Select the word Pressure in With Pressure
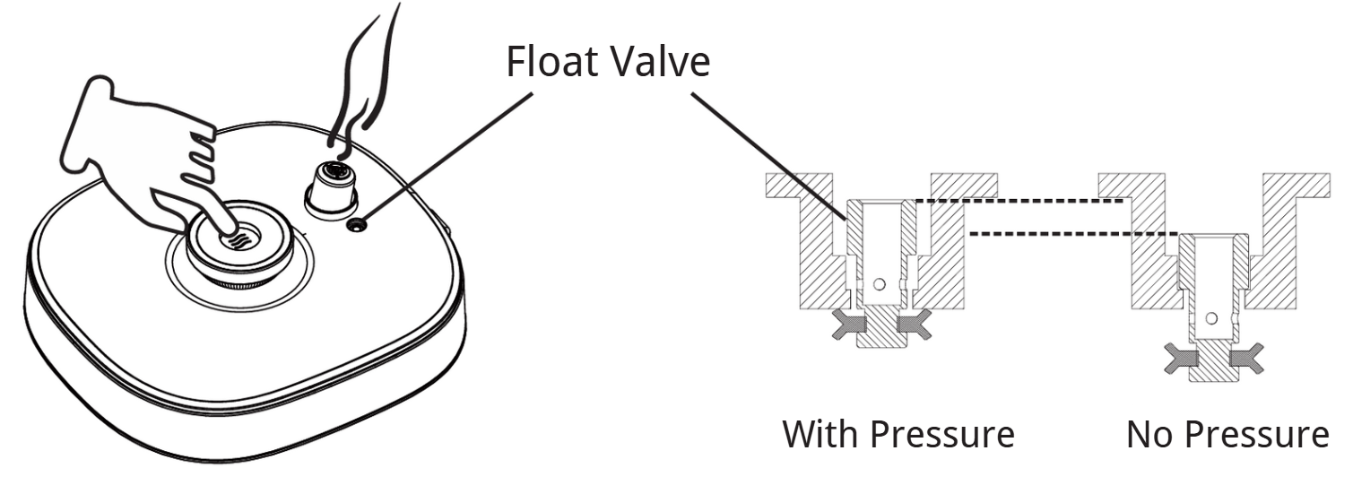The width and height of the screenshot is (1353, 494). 944,435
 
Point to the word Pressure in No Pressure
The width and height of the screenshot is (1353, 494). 1259,435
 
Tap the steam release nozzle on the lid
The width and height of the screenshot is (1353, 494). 332,184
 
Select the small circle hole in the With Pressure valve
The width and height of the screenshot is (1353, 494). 880,285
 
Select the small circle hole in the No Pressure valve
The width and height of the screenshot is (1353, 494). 1211,318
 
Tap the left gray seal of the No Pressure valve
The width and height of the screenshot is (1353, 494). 1178,360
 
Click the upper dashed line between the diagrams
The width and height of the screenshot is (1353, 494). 1018,202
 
